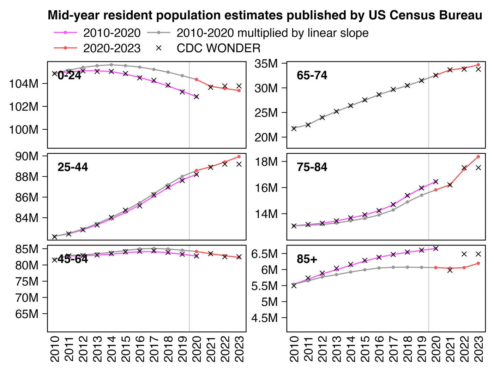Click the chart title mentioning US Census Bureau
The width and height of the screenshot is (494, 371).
265,15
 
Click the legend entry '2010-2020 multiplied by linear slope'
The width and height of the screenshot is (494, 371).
272,33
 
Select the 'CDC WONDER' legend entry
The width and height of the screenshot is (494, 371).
218,48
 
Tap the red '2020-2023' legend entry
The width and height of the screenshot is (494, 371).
112,48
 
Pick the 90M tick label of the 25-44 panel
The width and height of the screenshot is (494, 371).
26,156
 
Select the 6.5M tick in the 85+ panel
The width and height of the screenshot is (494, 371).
264,254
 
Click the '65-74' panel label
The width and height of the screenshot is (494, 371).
312,75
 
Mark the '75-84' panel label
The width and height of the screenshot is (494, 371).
312,167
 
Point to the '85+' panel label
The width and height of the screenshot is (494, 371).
307,259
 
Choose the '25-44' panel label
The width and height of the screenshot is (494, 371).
73,167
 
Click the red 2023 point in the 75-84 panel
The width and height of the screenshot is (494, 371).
478,157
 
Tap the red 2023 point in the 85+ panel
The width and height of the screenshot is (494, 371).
478,263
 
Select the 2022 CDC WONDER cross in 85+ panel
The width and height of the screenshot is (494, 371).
464,254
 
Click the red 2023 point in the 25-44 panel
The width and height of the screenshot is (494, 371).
239,157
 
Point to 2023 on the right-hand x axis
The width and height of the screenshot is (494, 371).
478,349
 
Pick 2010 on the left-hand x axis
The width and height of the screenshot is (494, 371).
55,349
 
